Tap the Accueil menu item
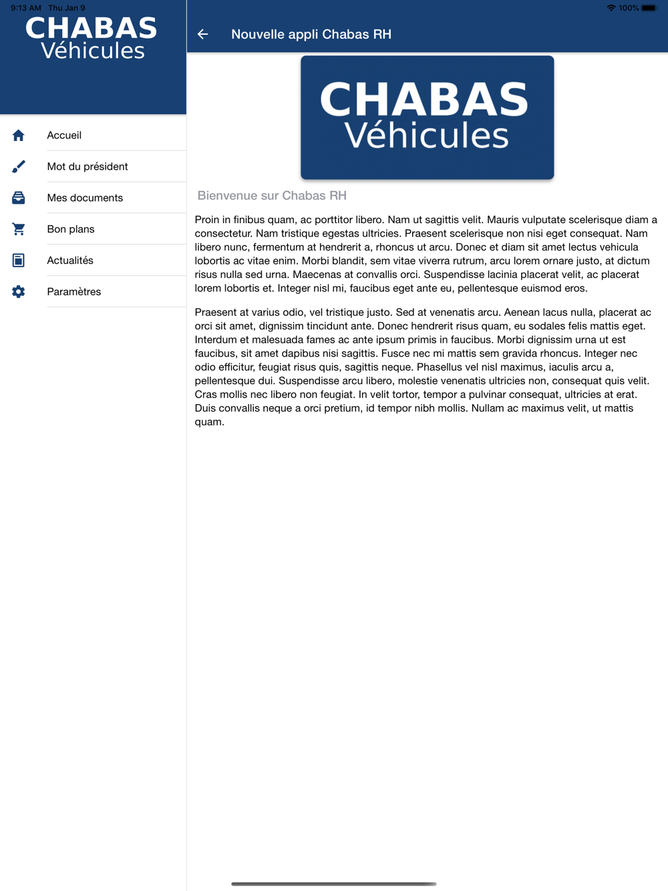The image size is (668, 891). pyautogui.click(x=64, y=136)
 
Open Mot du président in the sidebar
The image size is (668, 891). pyautogui.click(x=87, y=167)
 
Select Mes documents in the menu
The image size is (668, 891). pyautogui.click(x=85, y=198)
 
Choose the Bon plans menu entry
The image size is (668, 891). pyautogui.click(x=71, y=230)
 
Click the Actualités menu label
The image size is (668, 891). pyautogui.click(x=70, y=260)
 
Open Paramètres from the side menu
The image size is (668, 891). pyautogui.click(x=73, y=292)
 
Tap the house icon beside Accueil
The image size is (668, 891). pyautogui.click(x=19, y=136)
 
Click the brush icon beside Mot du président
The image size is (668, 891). pyautogui.click(x=19, y=167)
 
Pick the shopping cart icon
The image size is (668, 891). pyautogui.click(x=19, y=229)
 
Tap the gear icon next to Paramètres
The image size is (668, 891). pyautogui.click(x=19, y=292)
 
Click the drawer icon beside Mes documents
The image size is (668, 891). pyautogui.click(x=19, y=198)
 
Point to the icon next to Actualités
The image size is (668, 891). pyautogui.click(x=19, y=260)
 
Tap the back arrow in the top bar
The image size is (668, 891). pyautogui.click(x=203, y=34)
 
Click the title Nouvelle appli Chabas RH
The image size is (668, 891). pyautogui.click(x=311, y=35)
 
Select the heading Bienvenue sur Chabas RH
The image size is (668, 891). pyautogui.click(x=272, y=196)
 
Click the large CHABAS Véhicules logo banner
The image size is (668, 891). pyautogui.click(x=427, y=117)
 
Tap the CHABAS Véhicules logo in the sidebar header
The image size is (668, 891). pyautogui.click(x=92, y=39)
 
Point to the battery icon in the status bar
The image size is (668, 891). pyautogui.click(x=649, y=8)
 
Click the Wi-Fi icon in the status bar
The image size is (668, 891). pyautogui.click(x=611, y=8)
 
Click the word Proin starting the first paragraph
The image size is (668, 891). pyautogui.click(x=207, y=220)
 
